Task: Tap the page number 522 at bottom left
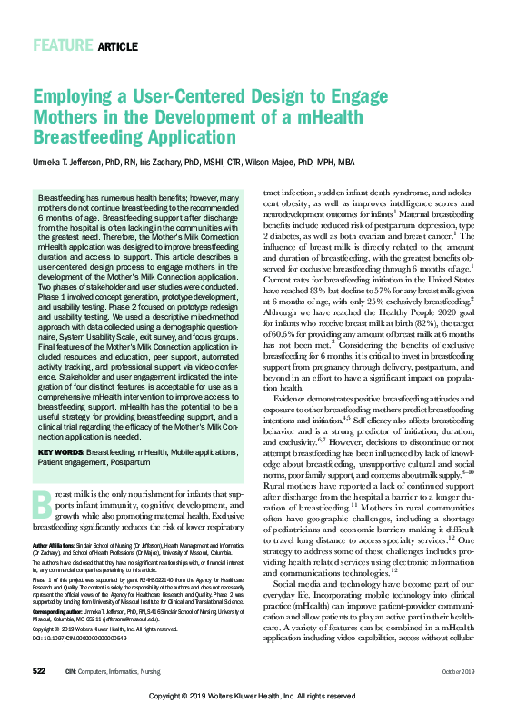(x=39, y=669)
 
